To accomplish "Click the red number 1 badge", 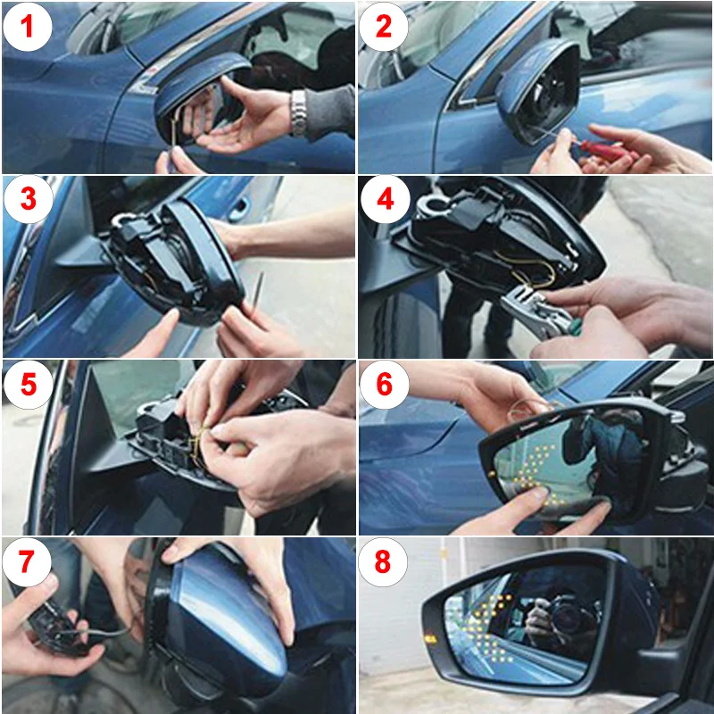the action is pyautogui.click(x=28, y=27).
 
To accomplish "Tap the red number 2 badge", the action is pyautogui.click(x=384, y=27).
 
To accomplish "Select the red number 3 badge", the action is pyautogui.click(x=29, y=199).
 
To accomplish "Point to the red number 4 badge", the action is pyautogui.click(x=385, y=199).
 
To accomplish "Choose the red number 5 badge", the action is pyautogui.click(x=29, y=385).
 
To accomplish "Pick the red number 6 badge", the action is pyautogui.click(x=384, y=385).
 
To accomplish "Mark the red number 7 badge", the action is pyautogui.click(x=27, y=562).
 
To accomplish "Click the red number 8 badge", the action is pyautogui.click(x=383, y=562).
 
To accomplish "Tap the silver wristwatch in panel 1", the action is pyautogui.click(x=298, y=113).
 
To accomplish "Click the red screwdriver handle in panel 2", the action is pyautogui.click(x=601, y=151).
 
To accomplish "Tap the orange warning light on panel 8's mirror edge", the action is pyautogui.click(x=430, y=639).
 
